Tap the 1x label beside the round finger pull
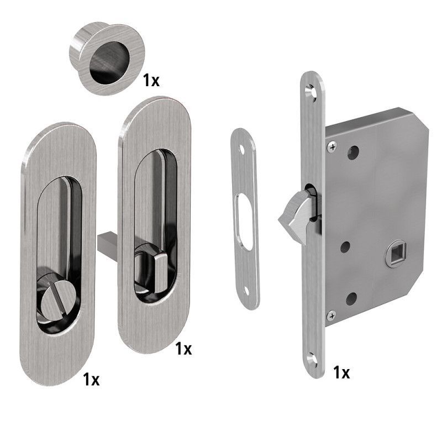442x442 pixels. click(151, 80)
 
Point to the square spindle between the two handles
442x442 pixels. click(108, 243)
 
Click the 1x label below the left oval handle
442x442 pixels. click(91, 379)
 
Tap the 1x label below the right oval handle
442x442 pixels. click(183, 349)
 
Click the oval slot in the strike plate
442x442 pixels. click(243, 222)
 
